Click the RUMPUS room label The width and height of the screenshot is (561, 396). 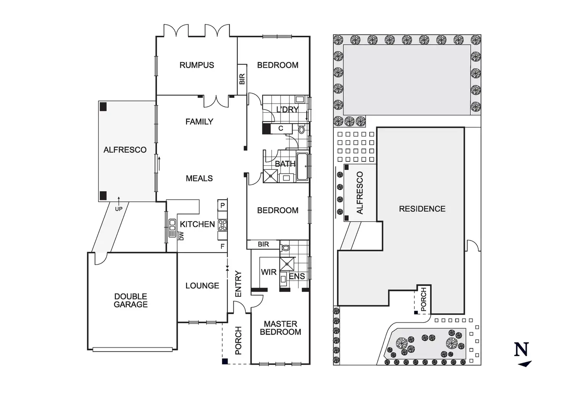click(197, 65)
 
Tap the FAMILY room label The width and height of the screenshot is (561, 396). click(199, 122)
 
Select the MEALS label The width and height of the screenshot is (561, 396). click(199, 178)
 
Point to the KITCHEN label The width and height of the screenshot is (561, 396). click(197, 224)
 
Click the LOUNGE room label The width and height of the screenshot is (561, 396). click(202, 286)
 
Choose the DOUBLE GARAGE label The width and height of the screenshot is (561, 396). click(131, 300)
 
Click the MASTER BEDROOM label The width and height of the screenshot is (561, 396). click(280, 328)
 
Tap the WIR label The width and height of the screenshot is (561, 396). click(268, 272)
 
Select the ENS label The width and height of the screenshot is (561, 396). click(297, 276)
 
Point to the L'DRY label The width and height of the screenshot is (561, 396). click(287, 110)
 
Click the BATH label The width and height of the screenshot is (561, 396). click(285, 164)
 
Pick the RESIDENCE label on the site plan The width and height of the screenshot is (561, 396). click(422, 209)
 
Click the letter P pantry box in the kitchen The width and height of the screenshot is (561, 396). click(223, 205)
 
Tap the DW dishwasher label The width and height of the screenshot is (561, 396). click(181, 236)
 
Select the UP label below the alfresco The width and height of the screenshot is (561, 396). click(119, 209)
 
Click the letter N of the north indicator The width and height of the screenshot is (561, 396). click(521, 349)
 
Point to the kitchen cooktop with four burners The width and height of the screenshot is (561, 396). click(223, 225)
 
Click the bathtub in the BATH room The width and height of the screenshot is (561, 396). click(303, 166)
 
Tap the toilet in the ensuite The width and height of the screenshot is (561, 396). click(285, 248)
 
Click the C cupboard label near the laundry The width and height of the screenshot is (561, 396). click(280, 129)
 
